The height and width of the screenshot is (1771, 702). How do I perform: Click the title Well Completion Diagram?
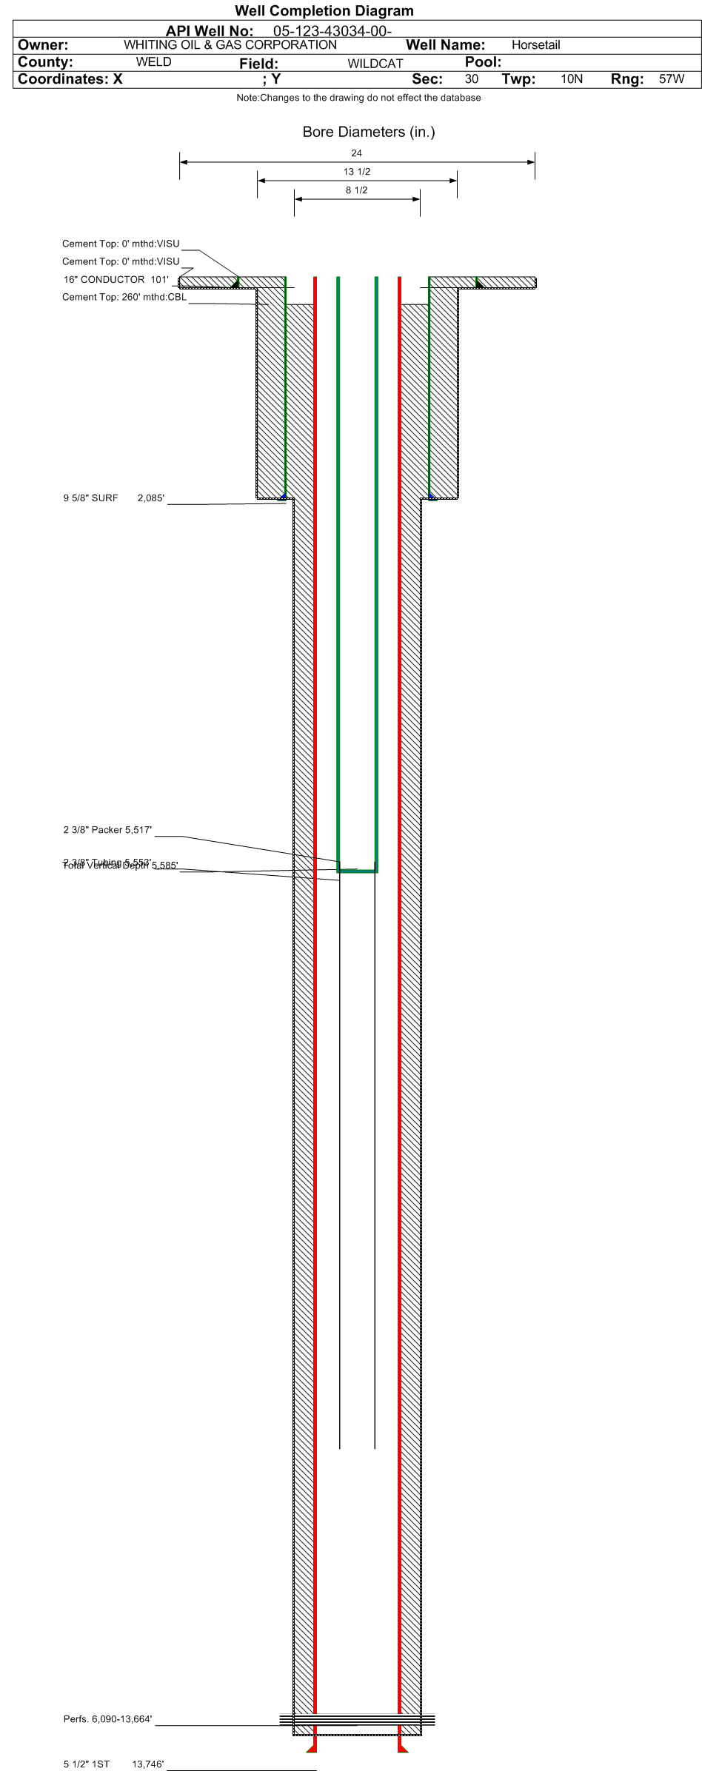tap(324, 10)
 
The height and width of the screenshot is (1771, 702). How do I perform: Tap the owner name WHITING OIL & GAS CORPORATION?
tap(230, 44)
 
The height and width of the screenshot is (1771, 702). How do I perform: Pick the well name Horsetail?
tap(535, 45)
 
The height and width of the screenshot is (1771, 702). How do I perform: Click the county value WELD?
tap(154, 62)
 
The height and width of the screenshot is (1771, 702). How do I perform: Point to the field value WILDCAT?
tap(375, 64)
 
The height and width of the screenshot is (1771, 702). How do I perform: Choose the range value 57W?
tap(671, 79)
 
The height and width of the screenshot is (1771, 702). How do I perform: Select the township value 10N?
tap(572, 79)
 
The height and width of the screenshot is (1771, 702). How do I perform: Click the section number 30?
tap(472, 79)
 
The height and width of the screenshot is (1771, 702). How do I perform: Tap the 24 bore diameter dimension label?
tap(357, 153)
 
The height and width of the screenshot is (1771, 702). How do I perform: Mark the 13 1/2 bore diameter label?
tap(357, 172)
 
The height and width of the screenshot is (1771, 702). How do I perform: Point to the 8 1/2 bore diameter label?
tap(357, 190)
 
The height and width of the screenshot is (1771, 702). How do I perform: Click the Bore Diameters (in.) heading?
tap(369, 132)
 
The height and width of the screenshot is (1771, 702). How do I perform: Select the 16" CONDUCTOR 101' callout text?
tap(116, 279)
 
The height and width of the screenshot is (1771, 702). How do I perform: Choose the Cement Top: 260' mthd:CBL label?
tap(124, 297)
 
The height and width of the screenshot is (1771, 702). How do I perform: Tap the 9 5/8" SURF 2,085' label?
tap(113, 498)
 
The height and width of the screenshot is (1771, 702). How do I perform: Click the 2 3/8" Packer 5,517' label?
tap(107, 830)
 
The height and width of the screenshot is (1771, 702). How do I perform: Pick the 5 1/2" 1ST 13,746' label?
tap(113, 1764)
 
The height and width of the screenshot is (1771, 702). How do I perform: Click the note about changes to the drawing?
tap(358, 98)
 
